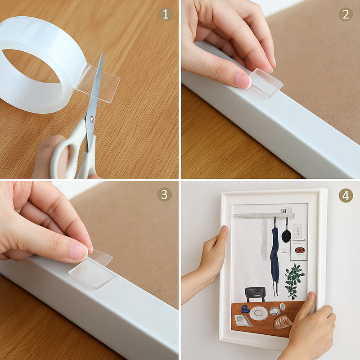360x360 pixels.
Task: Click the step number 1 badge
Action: [x=165, y=14]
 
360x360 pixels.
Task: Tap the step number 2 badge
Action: [x=346, y=14]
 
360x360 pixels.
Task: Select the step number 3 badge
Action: [x=164, y=194]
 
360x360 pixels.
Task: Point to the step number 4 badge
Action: [x=346, y=195]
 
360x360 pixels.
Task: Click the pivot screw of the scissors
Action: [x=92, y=119]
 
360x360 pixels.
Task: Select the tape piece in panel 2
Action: [x=266, y=82]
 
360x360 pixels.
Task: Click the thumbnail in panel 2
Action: [x=243, y=81]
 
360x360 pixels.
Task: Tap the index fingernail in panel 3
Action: [x=78, y=252]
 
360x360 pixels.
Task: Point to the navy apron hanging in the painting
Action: [x=274, y=257]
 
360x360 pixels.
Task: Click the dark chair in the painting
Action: [x=255, y=294]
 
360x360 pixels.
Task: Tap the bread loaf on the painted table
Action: [x=283, y=322]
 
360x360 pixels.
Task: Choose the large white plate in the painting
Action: [x=259, y=313]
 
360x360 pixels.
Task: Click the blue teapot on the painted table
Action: [x=245, y=309]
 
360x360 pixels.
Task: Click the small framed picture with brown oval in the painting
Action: [x=298, y=250]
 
